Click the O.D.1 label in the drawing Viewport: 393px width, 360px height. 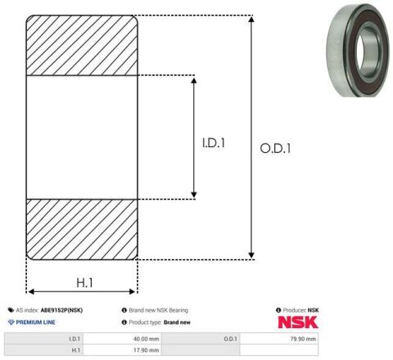tap(275, 149)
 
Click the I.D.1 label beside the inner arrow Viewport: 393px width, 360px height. tap(214, 143)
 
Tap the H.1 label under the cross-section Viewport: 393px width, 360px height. tap(84, 283)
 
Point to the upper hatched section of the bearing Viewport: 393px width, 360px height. tap(82, 45)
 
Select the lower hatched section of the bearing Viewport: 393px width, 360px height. tap(82, 229)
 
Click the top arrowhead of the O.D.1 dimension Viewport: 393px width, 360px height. tap(251, 19)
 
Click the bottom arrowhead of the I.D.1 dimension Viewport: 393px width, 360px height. tap(194, 195)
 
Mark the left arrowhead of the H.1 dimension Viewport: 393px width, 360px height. tap(31, 292)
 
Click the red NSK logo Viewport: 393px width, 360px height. tap(298, 322)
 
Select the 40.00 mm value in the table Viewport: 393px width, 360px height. tap(146, 339)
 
